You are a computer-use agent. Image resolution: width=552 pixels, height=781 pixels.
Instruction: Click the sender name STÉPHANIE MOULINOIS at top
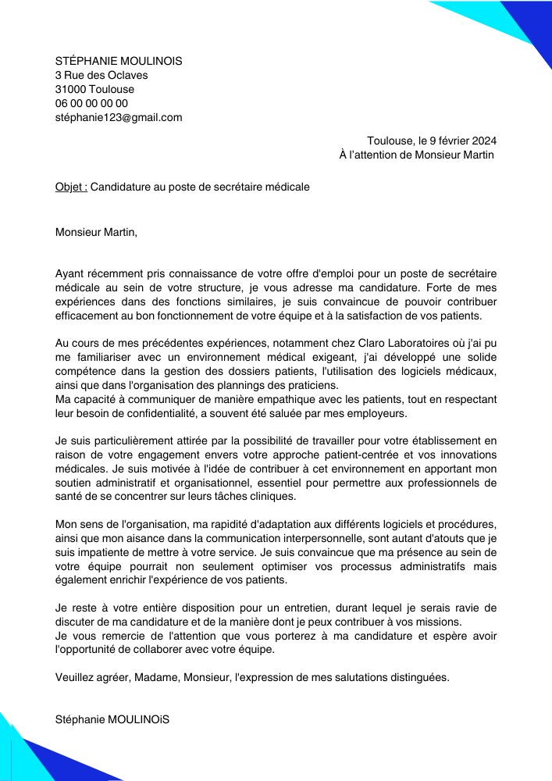click(119, 61)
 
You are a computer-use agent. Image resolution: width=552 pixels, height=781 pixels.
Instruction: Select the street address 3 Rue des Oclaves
click(101, 75)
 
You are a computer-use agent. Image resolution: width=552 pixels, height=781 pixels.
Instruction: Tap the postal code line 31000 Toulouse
click(94, 89)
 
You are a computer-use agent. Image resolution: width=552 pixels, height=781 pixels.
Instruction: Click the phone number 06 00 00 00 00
click(91, 103)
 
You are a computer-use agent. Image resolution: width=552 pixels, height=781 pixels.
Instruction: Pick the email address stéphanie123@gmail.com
click(119, 117)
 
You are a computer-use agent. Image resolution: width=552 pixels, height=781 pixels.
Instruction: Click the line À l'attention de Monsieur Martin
click(417, 155)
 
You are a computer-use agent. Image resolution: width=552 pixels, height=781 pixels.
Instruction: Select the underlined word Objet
click(70, 187)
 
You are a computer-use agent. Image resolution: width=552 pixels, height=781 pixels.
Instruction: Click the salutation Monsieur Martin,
click(96, 231)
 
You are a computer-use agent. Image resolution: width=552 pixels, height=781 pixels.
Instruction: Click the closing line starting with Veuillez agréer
click(252, 677)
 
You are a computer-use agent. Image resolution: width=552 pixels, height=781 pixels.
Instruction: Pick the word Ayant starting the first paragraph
click(69, 273)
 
